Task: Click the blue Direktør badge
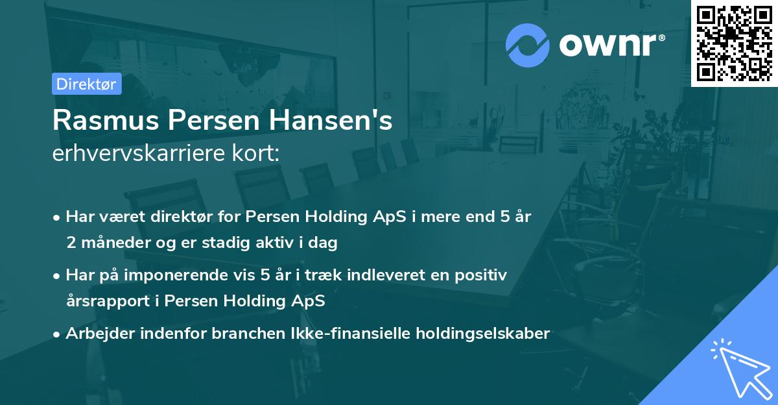(x=86, y=84)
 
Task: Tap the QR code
(x=735, y=43)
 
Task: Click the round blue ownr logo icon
(x=527, y=44)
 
